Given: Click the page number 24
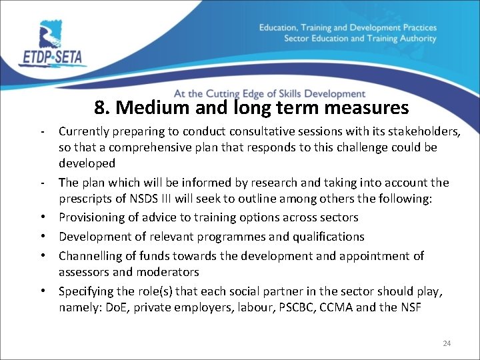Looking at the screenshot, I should (447, 343).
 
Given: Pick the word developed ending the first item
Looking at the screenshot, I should (87, 163).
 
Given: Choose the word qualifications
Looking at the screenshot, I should (333, 237).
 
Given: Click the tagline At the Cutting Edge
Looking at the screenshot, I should (269, 94).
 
